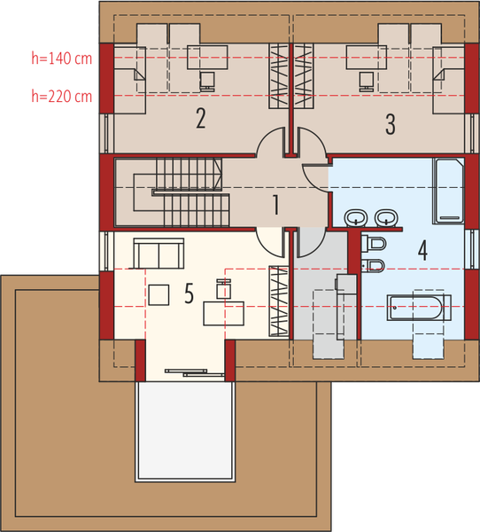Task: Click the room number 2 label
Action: point(201,118)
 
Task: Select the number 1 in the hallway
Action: point(276,206)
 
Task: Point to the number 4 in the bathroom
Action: point(422,250)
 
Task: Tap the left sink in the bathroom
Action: point(357,217)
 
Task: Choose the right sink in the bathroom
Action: point(385,217)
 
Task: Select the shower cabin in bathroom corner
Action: point(447,190)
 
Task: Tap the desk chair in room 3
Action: point(367,81)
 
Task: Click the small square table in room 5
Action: point(159,293)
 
